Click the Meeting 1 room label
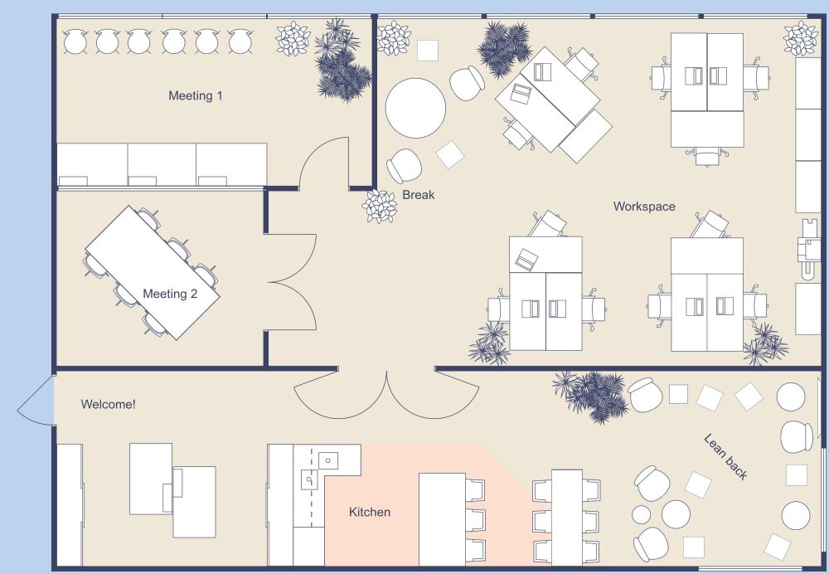coord(196,95)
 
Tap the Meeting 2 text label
coord(170,294)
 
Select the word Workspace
coord(644,206)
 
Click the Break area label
coord(419,195)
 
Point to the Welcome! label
coord(108,404)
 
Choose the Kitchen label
coord(369,512)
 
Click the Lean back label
coord(725,456)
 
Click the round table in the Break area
coord(416,108)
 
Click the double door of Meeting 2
coord(292,282)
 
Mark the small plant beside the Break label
coord(380,206)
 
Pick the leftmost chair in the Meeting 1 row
coord(75,41)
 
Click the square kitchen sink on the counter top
coord(327,459)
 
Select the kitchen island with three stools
coord(442,518)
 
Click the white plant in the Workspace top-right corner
coord(801,38)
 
